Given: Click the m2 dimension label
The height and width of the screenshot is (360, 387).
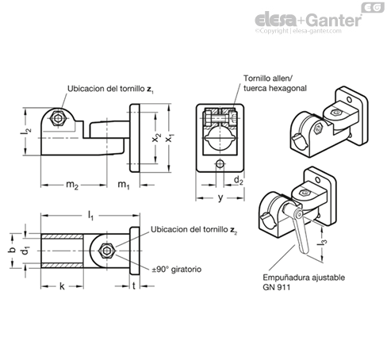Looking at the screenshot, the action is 72,185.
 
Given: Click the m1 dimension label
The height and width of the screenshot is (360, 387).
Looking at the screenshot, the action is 124,185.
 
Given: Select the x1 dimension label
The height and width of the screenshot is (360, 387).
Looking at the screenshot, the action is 169,137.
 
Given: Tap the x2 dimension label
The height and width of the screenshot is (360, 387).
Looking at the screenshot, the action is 156,137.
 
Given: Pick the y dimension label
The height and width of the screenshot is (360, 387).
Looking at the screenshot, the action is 220,197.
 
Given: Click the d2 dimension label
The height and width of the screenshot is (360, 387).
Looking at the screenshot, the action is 239,180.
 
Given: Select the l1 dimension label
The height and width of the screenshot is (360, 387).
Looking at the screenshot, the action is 90,216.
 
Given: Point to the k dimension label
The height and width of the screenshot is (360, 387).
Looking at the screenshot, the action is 62,286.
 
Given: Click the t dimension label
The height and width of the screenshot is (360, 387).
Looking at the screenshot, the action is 134,285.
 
